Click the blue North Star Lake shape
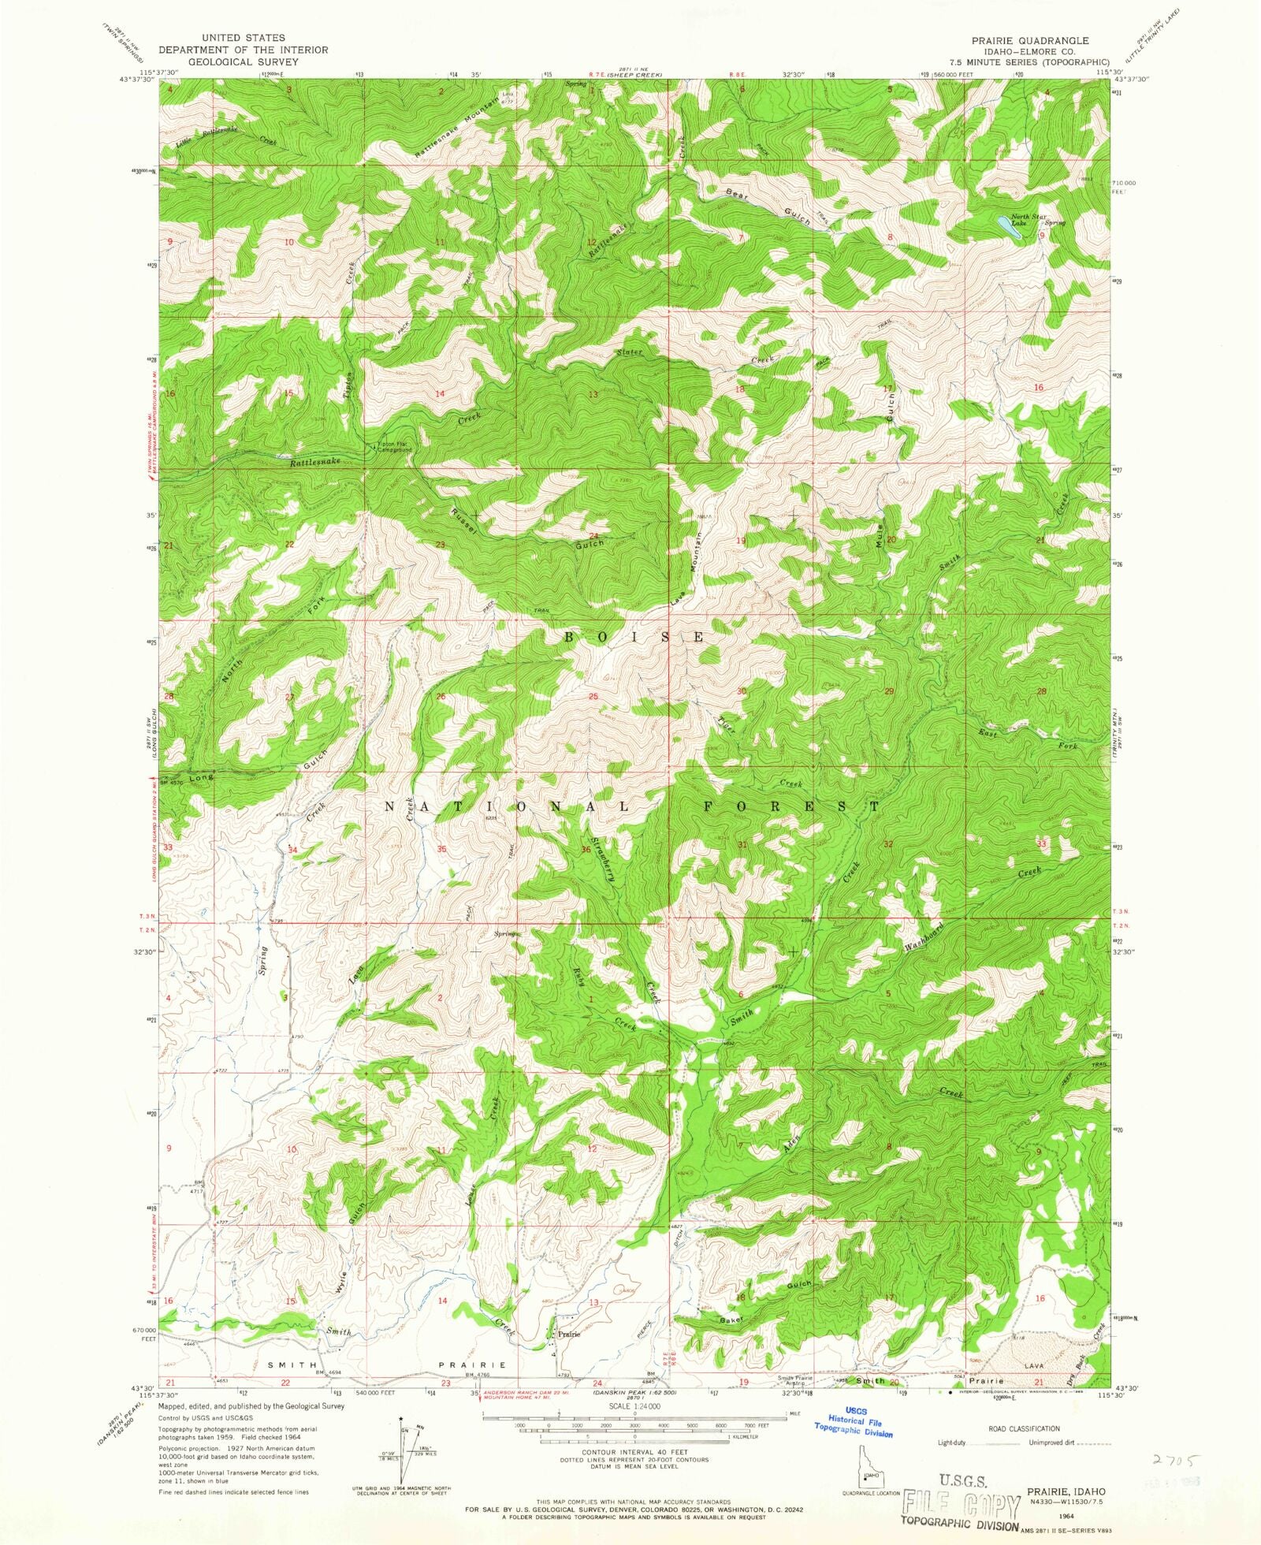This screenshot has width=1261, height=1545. click(x=1006, y=223)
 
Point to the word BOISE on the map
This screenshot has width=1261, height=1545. click(x=634, y=637)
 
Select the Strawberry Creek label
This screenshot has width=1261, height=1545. click(x=604, y=850)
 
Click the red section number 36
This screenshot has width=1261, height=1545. click(x=586, y=849)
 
